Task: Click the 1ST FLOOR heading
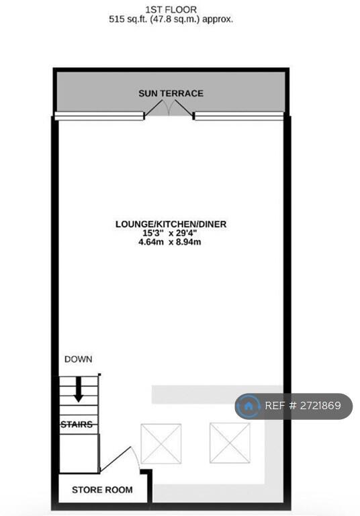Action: [x=171, y=9]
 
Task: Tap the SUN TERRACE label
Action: [x=171, y=93]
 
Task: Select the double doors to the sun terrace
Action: [x=169, y=108]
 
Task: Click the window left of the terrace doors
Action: [x=99, y=116]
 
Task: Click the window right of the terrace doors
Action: [x=239, y=116]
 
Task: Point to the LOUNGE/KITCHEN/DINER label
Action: [x=171, y=224]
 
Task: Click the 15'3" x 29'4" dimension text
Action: [x=170, y=233]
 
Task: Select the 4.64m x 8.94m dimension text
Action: [x=170, y=242]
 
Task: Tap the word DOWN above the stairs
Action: [x=79, y=359]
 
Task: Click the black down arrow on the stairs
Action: [x=79, y=389]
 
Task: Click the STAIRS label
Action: [x=77, y=425]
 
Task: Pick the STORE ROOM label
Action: [x=102, y=490]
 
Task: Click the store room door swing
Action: [x=120, y=460]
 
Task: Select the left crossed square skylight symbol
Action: [x=161, y=443]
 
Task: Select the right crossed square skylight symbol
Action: [x=230, y=443]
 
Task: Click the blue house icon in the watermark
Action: [x=249, y=406]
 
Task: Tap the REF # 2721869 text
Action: [x=303, y=406]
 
